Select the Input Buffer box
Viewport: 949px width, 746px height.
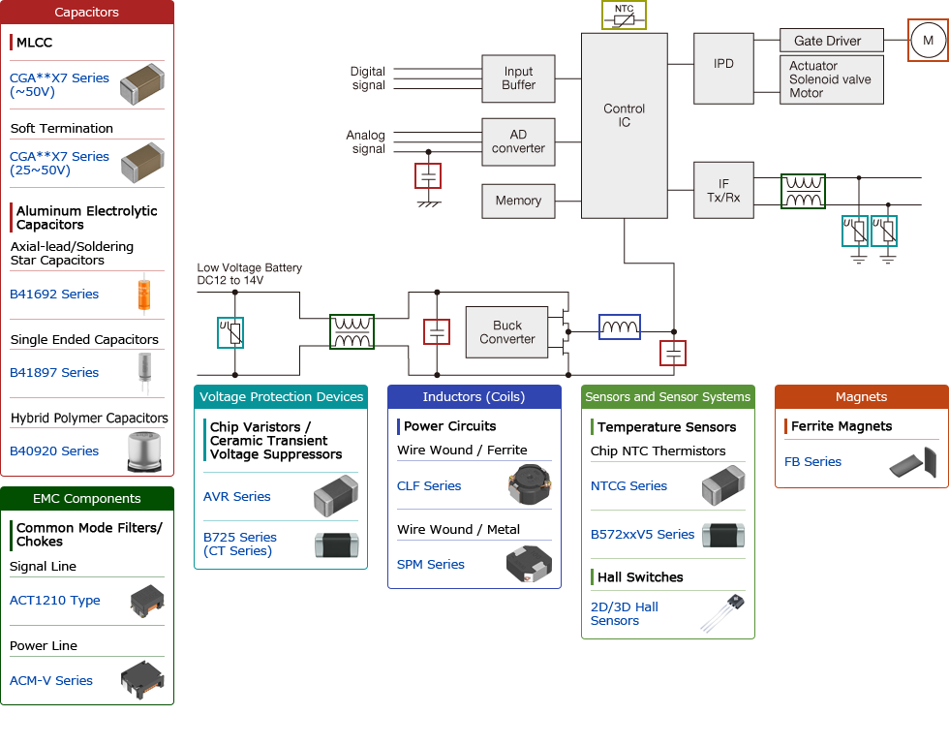click(518, 78)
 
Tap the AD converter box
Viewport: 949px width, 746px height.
click(518, 141)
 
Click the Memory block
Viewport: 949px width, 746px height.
click(518, 201)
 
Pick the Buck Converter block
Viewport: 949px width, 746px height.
click(506, 332)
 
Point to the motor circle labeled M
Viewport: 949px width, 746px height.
click(928, 41)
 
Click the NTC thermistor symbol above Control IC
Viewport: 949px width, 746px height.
click(624, 16)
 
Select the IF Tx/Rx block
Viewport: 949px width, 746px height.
click(722, 190)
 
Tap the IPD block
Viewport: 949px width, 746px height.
click(722, 64)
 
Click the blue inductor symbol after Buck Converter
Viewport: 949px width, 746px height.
click(619, 328)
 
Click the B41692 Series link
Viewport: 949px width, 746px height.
click(54, 295)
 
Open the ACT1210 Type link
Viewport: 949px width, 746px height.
click(55, 601)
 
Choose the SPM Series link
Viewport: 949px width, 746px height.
click(431, 565)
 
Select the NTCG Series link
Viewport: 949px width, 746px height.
click(628, 486)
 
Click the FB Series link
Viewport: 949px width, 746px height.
click(812, 462)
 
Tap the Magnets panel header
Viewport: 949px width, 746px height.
click(861, 397)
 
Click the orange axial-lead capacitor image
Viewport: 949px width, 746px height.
click(145, 295)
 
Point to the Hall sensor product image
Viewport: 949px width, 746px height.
click(722, 613)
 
